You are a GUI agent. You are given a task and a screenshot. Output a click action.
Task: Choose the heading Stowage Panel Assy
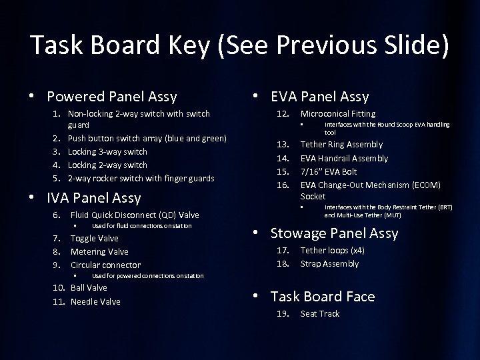(333, 233)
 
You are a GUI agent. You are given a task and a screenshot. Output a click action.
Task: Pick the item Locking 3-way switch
(109, 151)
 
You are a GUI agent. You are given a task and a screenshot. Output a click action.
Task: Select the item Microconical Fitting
(338, 114)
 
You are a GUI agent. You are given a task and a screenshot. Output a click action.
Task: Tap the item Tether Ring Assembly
(341, 145)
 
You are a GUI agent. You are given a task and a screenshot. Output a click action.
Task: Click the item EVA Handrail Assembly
(344, 158)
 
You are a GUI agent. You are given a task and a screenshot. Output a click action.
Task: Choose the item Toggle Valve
(94, 238)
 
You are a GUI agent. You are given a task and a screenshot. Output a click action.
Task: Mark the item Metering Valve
(99, 251)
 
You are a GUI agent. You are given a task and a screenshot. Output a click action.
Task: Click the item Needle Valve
(95, 301)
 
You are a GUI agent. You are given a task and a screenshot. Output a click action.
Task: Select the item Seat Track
(320, 314)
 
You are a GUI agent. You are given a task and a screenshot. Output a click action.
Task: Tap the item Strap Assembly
(329, 263)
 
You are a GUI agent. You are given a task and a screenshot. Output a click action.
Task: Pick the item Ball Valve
(89, 289)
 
